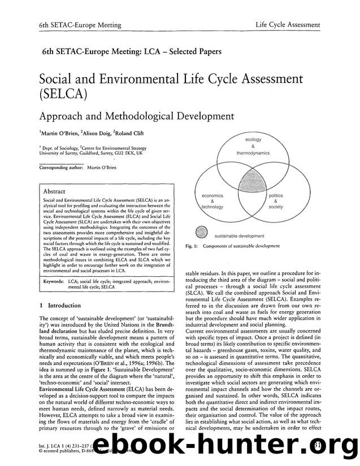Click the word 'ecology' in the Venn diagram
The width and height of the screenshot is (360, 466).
(253, 139)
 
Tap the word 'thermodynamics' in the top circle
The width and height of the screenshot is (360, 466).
(253, 153)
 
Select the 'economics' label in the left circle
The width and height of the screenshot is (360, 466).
(212, 195)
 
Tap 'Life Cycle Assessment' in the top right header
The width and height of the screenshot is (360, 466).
(288, 25)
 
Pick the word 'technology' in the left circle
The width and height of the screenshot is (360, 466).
(212, 207)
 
